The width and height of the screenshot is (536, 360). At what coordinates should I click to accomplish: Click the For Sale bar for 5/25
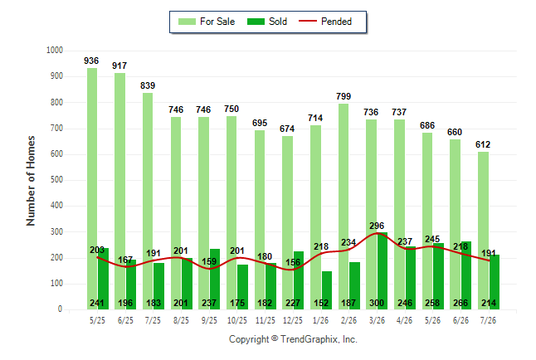[92, 189]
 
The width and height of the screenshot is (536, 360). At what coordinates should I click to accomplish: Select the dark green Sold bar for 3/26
[383, 270]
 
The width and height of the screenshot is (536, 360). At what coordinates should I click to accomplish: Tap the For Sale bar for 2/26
[344, 207]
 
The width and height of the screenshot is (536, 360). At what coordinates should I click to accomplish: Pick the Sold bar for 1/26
[326, 290]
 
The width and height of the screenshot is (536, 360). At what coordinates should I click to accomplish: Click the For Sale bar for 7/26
[483, 231]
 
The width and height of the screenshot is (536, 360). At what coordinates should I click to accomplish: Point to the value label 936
[91, 61]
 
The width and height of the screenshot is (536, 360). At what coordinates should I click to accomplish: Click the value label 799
[344, 96]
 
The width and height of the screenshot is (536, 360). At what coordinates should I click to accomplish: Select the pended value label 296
[377, 226]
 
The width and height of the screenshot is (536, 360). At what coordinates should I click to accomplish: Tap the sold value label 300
[377, 303]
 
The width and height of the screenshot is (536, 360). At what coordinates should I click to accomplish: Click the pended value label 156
[293, 262]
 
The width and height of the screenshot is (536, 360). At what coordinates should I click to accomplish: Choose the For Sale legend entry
[207, 22]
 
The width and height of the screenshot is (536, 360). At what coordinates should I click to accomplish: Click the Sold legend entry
[267, 22]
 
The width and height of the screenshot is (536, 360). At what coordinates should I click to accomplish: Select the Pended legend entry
[325, 22]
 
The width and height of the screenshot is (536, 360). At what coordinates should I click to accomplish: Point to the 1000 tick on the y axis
[55, 51]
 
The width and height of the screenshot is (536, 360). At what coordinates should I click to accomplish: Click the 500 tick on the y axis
[56, 180]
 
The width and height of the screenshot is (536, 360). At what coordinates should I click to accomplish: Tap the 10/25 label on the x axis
[237, 320]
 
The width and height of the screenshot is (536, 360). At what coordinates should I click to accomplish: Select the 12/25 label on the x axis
[293, 320]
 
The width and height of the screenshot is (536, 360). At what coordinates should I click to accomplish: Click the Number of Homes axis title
[31, 181]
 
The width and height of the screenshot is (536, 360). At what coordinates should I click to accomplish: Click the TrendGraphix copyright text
[293, 339]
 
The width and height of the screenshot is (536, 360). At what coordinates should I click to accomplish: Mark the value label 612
[483, 144]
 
